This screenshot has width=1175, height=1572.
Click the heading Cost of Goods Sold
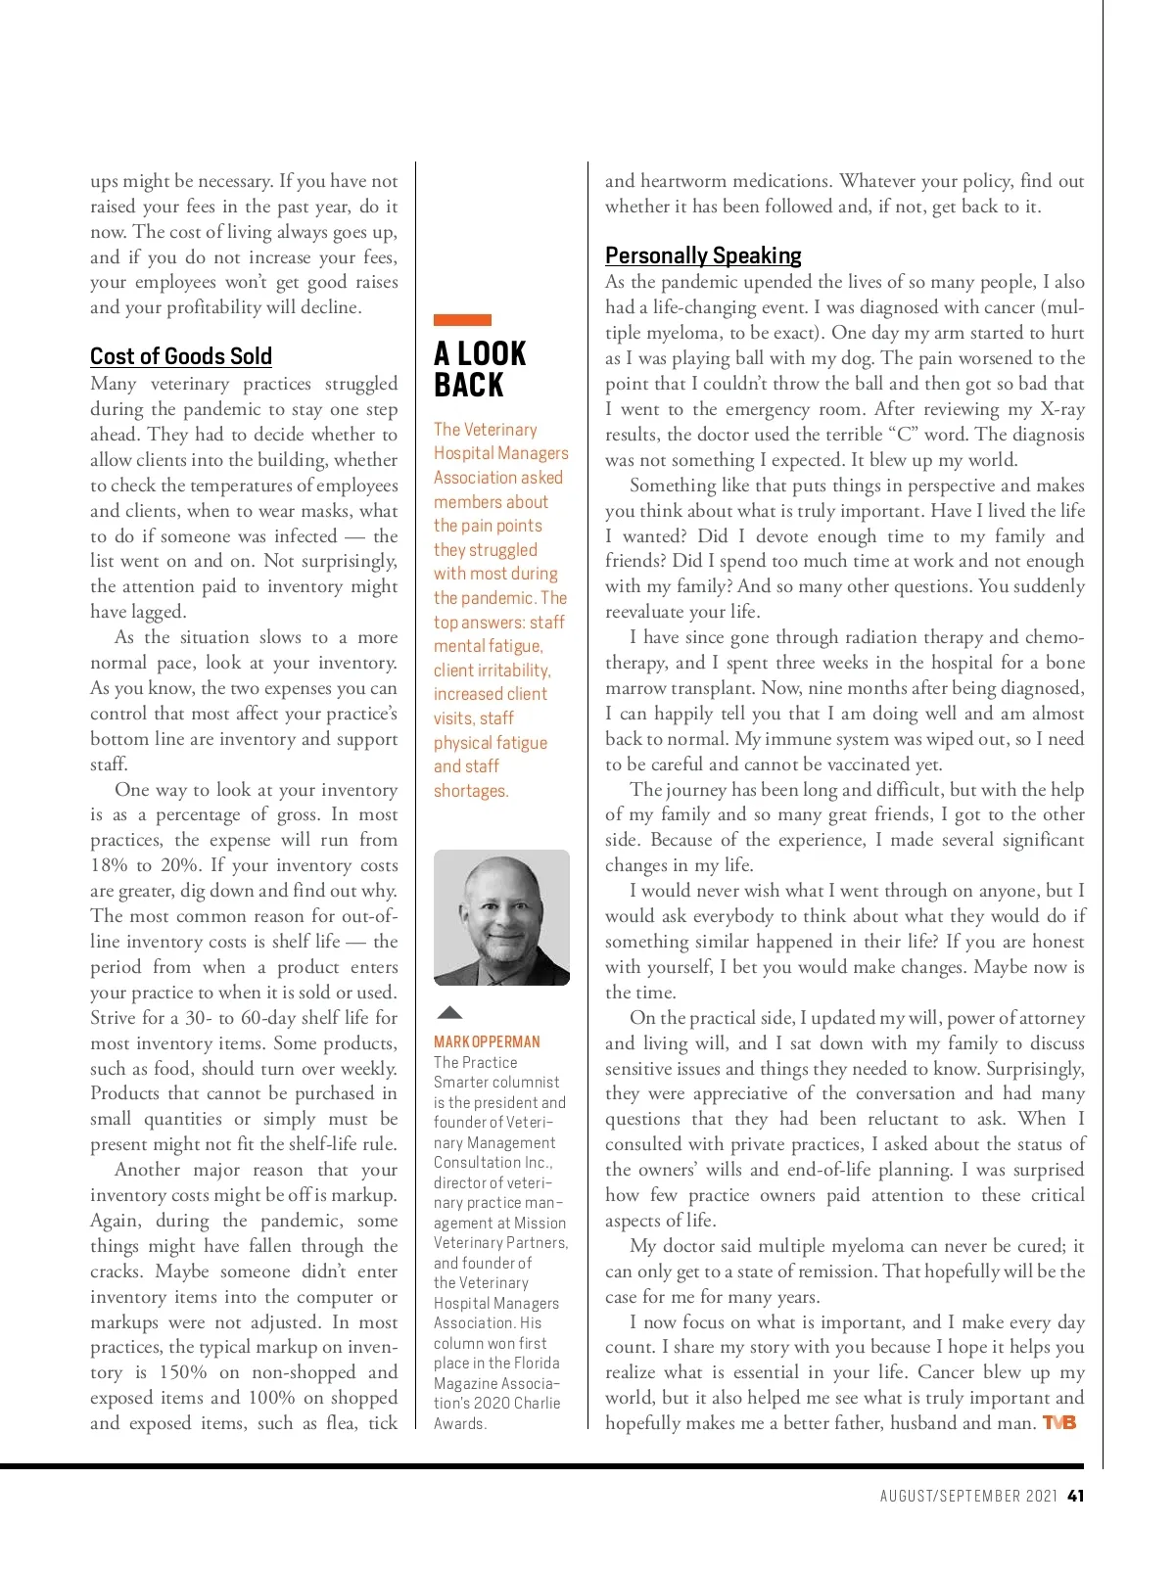tap(181, 356)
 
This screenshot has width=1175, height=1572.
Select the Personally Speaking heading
tap(703, 255)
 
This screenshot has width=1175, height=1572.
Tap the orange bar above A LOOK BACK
tap(462, 320)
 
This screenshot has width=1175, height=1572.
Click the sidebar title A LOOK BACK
tap(480, 369)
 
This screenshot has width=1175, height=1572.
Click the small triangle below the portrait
tap(448, 1012)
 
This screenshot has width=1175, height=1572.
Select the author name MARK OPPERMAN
tap(487, 1041)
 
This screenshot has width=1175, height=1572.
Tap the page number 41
tap(1075, 1496)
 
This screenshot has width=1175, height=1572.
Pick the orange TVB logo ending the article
tap(1059, 1422)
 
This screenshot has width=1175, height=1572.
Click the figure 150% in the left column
tap(185, 1372)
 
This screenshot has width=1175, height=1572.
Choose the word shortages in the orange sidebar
tap(470, 791)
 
